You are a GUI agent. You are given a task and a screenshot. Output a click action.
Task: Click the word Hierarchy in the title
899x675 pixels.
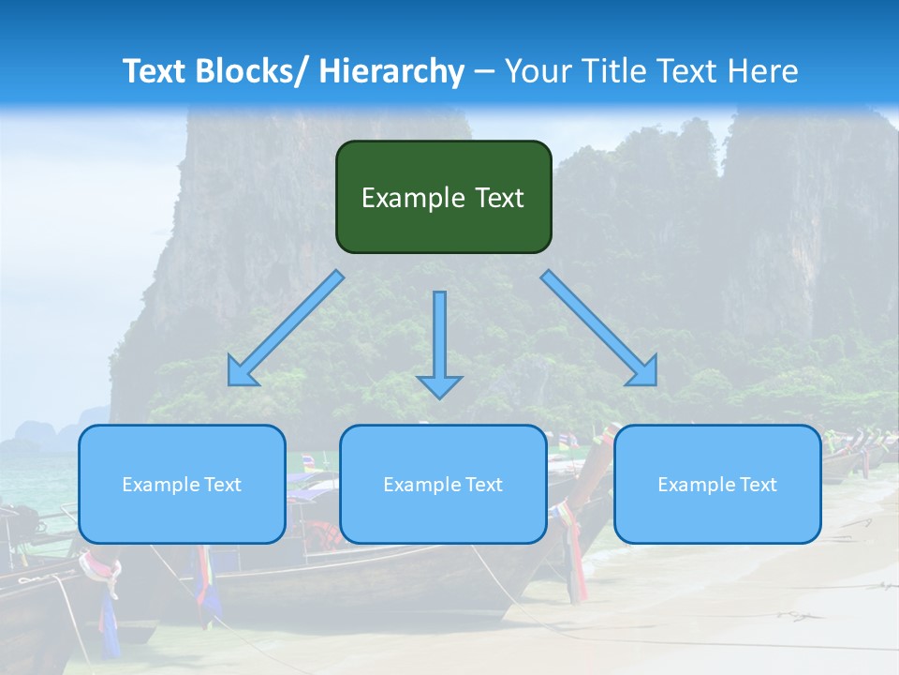(391, 71)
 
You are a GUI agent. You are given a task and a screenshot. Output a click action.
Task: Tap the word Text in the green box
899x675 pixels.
(499, 198)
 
